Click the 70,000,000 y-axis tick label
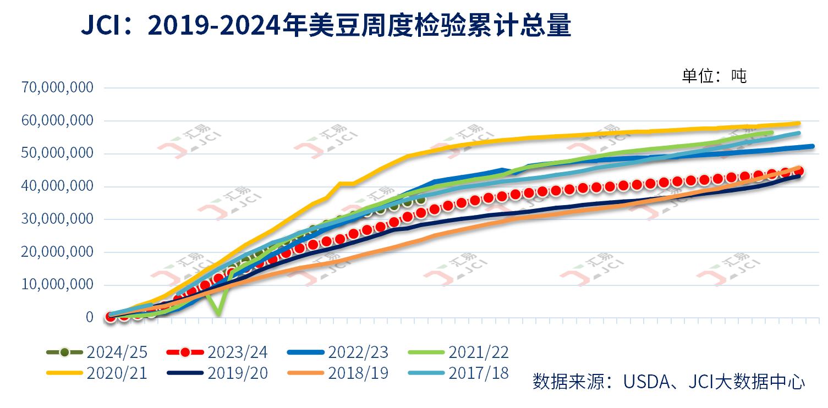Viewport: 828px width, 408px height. (57, 87)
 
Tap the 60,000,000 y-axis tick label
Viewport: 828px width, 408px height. (57, 120)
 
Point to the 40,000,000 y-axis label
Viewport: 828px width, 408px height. (57, 186)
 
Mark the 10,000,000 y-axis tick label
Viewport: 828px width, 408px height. (57, 285)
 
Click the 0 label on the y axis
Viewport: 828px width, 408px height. (90, 317)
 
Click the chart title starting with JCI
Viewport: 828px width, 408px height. (326, 26)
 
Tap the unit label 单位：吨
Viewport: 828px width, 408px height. (714, 76)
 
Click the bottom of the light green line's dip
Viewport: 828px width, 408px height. (218, 315)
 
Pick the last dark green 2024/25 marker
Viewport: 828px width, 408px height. (421, 200)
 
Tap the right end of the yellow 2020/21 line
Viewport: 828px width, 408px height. (799, 123)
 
